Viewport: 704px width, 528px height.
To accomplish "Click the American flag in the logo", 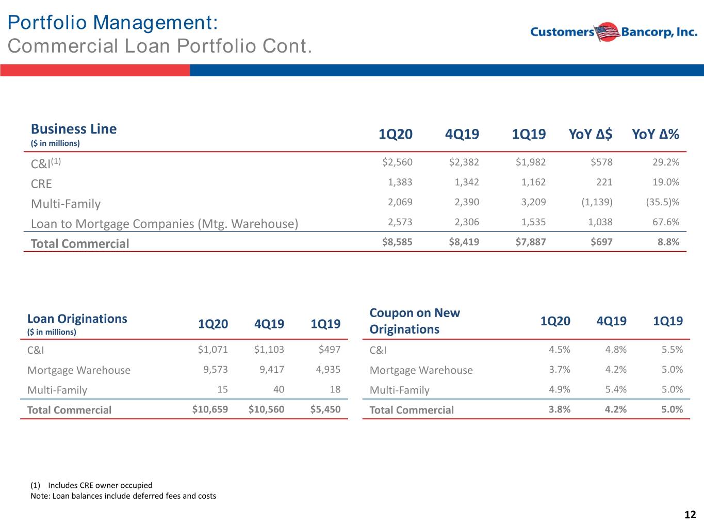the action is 607,32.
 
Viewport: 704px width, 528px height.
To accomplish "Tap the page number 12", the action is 690,515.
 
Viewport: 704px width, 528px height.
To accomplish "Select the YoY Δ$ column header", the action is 591,134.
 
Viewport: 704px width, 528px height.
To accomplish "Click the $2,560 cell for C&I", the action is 397,162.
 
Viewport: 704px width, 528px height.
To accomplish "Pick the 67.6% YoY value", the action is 666,222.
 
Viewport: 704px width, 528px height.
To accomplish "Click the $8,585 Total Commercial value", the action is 397,242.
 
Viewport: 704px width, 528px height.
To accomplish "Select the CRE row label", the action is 41,184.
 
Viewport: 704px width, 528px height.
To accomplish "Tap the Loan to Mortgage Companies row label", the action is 165,224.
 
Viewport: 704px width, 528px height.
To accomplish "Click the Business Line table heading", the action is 74,129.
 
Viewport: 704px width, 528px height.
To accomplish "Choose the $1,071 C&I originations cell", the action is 212,349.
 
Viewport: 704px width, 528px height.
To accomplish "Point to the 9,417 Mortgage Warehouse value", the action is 272,369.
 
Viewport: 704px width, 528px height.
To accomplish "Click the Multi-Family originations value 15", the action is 222,389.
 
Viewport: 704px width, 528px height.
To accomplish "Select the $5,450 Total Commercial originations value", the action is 325,409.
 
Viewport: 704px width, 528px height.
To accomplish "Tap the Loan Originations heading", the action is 77,319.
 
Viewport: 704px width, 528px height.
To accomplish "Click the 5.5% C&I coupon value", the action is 672,349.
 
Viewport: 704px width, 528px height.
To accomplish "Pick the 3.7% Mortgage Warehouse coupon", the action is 560,369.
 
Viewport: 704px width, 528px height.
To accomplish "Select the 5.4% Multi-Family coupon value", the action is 616,389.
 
